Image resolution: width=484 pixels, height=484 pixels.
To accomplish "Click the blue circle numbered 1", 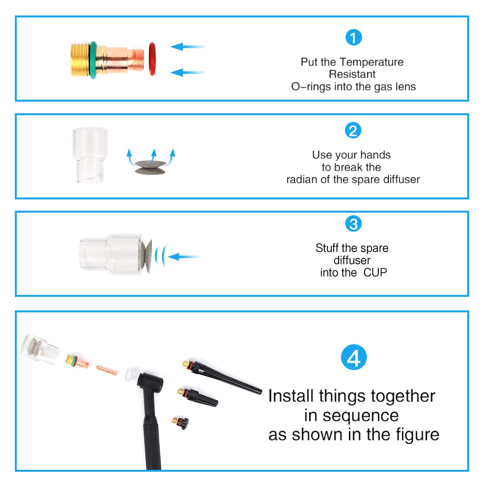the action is pyautogui.click(x=354, y=37).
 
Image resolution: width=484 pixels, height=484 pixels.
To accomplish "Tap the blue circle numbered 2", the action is pyautogui.click(x=353, y=131).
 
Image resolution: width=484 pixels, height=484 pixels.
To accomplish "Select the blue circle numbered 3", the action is pyautogui.click(x=353, y=224).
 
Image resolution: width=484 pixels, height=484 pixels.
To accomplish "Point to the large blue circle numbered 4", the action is pyautogui.click(x=354, y=357).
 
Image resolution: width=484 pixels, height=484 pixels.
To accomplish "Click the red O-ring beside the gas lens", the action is pyautogui.click(x=152, y=59).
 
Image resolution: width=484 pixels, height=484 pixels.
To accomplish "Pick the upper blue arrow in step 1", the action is pyautogui.click(x=188, y=47).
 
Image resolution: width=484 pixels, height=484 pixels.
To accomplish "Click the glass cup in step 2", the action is pyautogui.click(x=90, y=156).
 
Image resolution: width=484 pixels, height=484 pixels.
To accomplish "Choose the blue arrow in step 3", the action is pyautogui.click(x=183, y=257).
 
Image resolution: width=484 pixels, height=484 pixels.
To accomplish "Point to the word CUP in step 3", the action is pyautogui.click(x=375, y=273).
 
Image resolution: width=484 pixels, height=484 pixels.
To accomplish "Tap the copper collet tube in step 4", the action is pyautogui.click(x=107, y=371).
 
